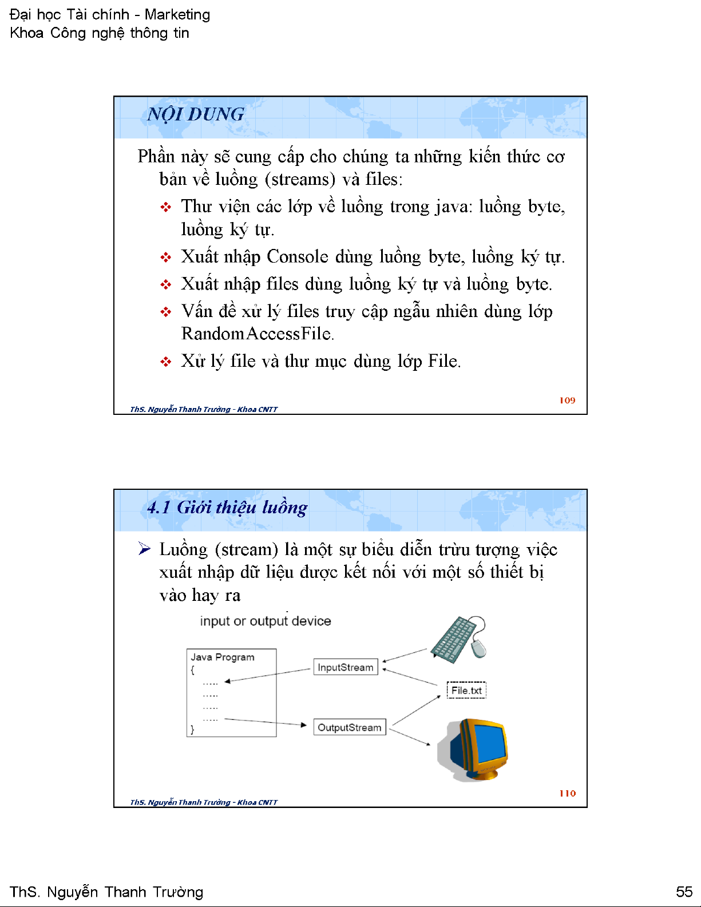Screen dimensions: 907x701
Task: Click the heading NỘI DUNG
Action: coord(196,114)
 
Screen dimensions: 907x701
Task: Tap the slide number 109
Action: coord(567,401)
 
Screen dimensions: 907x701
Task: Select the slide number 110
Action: coord(567,793)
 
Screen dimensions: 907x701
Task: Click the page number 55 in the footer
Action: coord(684,892)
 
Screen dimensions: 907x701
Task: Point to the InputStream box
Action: coord(346,667)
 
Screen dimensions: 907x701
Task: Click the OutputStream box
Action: coord(349,727)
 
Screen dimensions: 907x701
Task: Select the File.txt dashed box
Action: coord(466,691)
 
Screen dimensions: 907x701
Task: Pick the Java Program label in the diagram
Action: coord(223,657)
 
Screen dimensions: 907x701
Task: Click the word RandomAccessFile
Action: coord(256,334)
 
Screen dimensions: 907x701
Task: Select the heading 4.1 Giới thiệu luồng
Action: coord(227,508)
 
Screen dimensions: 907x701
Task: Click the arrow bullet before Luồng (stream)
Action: coord(144,549)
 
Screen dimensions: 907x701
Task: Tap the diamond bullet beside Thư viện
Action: coord(166,207)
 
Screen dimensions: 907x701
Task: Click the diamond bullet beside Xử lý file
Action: coord(166,362)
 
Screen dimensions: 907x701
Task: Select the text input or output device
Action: coord(266,621)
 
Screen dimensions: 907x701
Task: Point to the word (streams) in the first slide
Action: coord(300,180)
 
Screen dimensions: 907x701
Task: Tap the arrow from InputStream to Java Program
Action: coord(268,675)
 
